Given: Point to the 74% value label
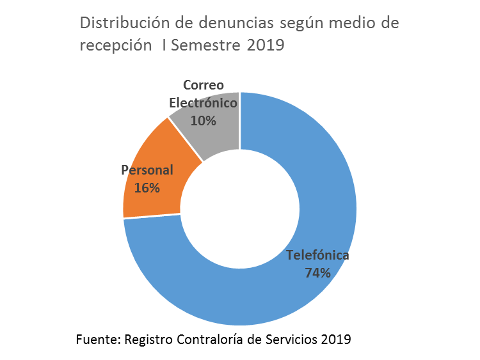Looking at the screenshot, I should [318, 273].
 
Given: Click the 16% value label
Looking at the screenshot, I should [147, 188].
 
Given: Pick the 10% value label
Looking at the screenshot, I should [203, 120].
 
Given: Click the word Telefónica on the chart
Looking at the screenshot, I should [317, 255].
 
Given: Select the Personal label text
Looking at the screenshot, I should [147, 171].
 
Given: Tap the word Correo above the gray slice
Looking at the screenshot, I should [203, 85].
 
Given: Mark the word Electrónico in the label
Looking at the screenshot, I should [203, 103].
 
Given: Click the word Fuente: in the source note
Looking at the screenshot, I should [97, 339].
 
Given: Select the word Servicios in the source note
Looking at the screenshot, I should [291, 339].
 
